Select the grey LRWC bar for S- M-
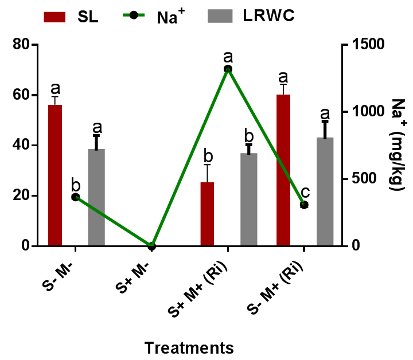pyautogui.click(x=96, y=197)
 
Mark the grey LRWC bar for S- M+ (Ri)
pyautogui.click(x=325, y=191)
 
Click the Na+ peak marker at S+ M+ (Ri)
pyautogui.click(x=228, y=69)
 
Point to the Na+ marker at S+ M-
pyautogui.click(x=151, y=246)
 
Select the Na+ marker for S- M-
pyautogui.click(x=75, y=197)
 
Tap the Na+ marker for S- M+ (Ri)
pyautogui.click(x=304, y=205)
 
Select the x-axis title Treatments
pyautogui.click(x=189, y=347)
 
